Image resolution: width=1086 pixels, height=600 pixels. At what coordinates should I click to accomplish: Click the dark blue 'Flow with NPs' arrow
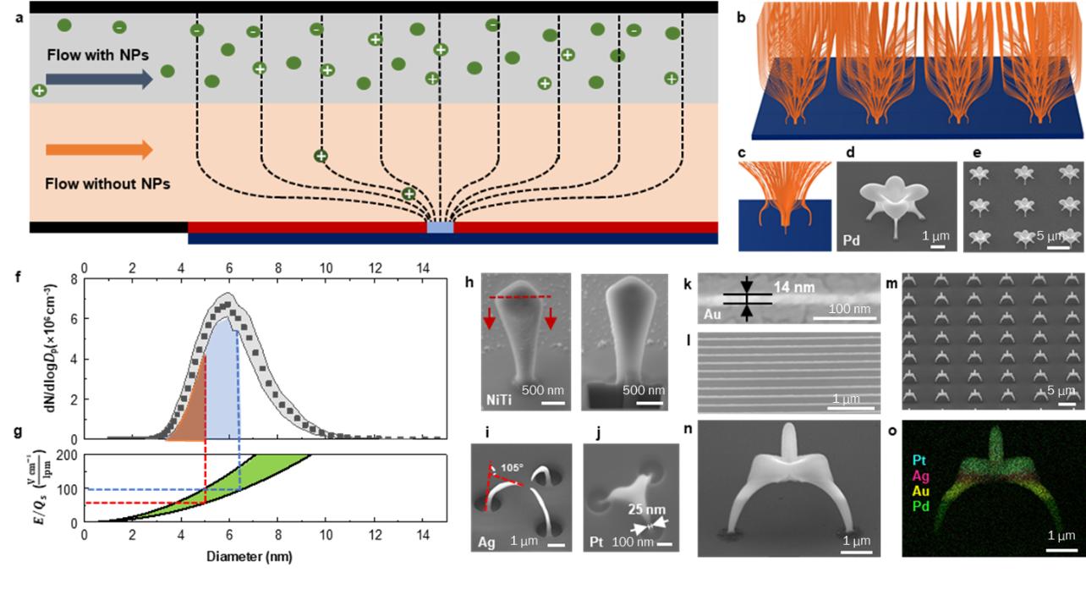[x=99, y=79]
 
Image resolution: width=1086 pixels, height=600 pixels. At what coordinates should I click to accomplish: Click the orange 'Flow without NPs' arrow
[x=99, y=150]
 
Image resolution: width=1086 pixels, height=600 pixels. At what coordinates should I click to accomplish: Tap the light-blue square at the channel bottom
[x=440, y=227]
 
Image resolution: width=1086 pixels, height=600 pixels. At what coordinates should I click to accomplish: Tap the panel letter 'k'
[x=689, y=280]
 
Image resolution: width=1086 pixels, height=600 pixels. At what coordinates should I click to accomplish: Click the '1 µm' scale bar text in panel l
[x=847, y=399]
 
